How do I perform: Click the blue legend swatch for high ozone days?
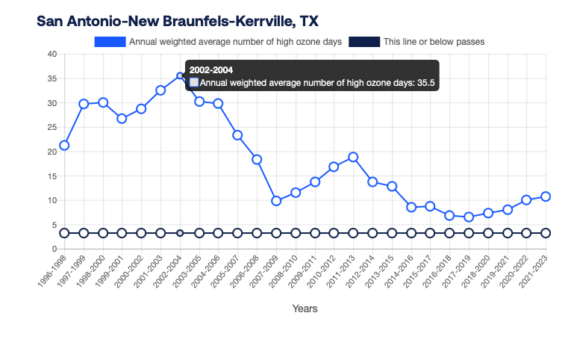coord(110,42)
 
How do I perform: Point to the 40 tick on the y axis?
coord(51,54)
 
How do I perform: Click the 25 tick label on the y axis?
coord(51,127)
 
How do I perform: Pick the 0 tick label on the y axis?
coord(54,249)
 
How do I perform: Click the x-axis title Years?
coord(305,308)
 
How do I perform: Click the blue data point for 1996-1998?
coord(64,145)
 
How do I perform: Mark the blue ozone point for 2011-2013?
coord(353,157)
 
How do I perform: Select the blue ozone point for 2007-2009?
coord(276,200)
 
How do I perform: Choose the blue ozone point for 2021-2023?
coord(546,196)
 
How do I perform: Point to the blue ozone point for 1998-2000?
coord(103,102)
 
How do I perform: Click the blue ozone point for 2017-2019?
coord(469,217)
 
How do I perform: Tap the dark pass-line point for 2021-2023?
coord(546,233)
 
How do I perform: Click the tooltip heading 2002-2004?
coord(211,69)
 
